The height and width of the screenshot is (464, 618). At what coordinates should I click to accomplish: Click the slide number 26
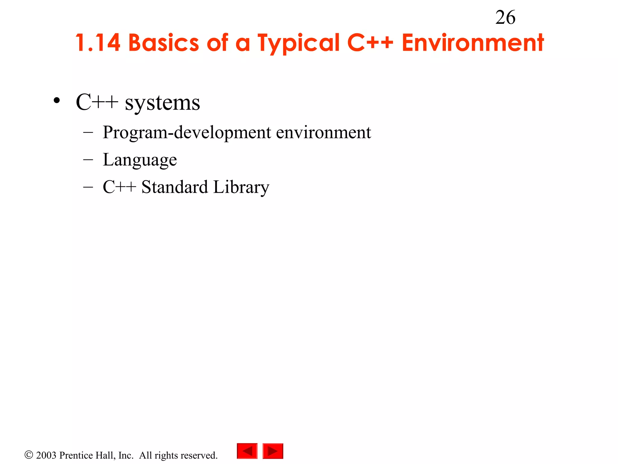tap(505, 18)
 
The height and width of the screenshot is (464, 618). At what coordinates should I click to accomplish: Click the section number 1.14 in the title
tap(98, 43)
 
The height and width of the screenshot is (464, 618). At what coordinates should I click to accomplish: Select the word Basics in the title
tap(164, 43)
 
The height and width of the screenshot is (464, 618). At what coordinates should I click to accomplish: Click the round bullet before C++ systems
tap(56, 101)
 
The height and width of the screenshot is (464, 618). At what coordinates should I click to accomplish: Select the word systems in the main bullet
tap(162, 103)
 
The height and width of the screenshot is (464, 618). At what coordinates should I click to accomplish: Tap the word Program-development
tap(187, 133)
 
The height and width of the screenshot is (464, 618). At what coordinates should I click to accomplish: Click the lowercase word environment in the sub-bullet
tap(323, 133)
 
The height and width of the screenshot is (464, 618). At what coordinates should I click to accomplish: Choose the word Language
tap(140, 160)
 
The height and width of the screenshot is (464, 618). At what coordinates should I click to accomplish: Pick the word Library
tap(241, 188)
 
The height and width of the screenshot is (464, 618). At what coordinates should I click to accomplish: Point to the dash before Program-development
tap(88, 132)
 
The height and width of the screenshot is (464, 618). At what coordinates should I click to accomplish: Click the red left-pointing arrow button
tap(247, 451)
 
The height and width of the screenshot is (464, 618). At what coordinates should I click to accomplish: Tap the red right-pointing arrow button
tap(273, 451)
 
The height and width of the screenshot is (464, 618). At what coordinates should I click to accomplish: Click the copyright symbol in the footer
tap(29, 455)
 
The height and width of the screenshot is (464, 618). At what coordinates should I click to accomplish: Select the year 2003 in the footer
tap(46, 455)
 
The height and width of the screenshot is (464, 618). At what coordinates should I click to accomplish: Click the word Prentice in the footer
tap(77, 455)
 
